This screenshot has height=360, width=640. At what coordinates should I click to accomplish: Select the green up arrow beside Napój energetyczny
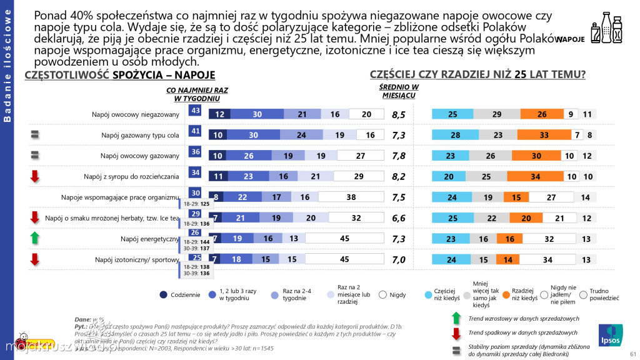click(x=35, y=238)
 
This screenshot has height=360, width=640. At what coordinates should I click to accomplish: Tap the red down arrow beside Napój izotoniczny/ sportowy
click(x=35, y=259)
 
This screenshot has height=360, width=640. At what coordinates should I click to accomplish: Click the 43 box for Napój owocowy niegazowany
click(x=195, y=111)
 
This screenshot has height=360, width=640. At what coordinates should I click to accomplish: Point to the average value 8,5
click(x=399, y=114)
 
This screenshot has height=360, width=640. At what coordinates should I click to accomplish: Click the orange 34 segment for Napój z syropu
click(x=534, y=176)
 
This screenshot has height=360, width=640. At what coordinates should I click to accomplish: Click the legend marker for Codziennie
click(x=163, y=294)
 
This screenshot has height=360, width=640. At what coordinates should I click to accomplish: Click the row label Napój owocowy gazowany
click(x=140, y=156)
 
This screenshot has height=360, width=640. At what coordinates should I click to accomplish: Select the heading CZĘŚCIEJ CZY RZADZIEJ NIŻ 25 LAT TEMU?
click(x=477, y=74)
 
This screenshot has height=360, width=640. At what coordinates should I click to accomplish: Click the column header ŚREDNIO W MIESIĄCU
click(x=399, y=91)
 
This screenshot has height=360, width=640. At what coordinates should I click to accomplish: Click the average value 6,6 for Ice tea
click(x=399, y=218)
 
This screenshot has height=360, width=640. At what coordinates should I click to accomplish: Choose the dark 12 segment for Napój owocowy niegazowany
click(x=219, y=114)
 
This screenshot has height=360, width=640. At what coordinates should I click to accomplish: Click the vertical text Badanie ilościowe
click(x=7, y=62)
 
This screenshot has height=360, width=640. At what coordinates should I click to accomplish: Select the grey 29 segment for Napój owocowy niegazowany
click(x=496, y=114)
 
